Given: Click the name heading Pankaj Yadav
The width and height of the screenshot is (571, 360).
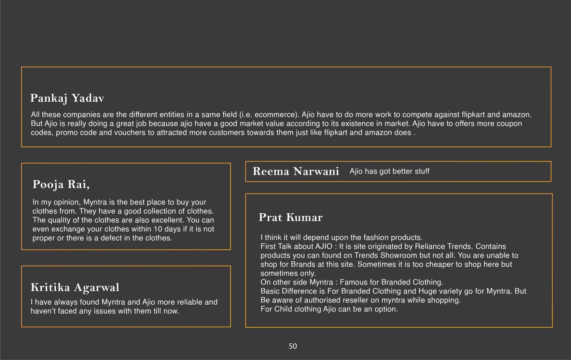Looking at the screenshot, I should tap(67, 98).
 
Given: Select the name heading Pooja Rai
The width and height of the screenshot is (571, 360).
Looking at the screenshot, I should tap(61, 185).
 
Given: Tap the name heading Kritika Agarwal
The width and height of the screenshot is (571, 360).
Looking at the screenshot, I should tap(75, 287).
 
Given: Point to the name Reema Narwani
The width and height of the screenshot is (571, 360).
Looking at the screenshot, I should tap(296, 171).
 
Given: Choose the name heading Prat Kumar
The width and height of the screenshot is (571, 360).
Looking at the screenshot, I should tap(290, 217).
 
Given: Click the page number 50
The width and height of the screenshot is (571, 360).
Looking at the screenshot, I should tap(293, 346).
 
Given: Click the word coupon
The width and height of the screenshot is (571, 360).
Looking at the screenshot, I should tap(509, 124).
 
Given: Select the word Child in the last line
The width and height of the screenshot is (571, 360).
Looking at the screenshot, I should tap(283, 309).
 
